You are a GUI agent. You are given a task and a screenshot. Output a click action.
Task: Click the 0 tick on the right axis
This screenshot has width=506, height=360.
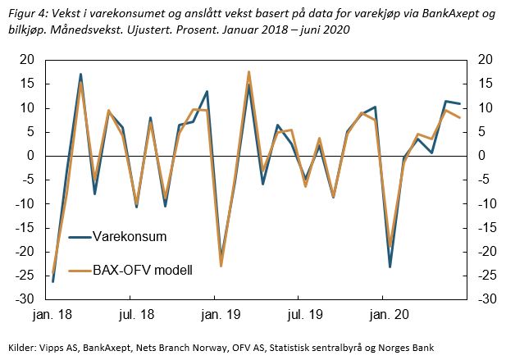point(477,156)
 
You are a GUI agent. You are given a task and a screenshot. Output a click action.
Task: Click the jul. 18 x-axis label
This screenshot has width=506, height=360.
point(136,313)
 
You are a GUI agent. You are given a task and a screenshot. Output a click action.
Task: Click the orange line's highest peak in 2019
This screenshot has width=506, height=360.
point(248,72)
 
